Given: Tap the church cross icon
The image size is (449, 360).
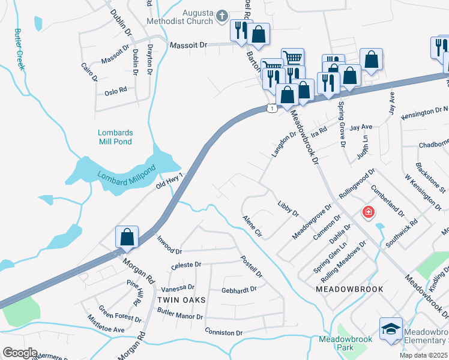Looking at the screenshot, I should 221,16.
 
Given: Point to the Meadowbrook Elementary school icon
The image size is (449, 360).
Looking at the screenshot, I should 391,329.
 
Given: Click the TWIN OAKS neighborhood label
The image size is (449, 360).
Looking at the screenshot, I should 182,299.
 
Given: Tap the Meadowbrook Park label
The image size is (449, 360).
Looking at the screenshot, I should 345,343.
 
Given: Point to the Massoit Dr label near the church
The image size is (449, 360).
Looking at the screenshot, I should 188,45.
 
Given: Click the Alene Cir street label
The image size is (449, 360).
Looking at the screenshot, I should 252,225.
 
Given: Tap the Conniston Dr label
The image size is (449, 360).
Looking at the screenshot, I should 223,332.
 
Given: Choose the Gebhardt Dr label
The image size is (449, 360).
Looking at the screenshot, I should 239,289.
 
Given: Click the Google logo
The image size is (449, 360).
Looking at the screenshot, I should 20,353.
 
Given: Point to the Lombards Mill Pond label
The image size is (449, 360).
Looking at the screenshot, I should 115,137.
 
